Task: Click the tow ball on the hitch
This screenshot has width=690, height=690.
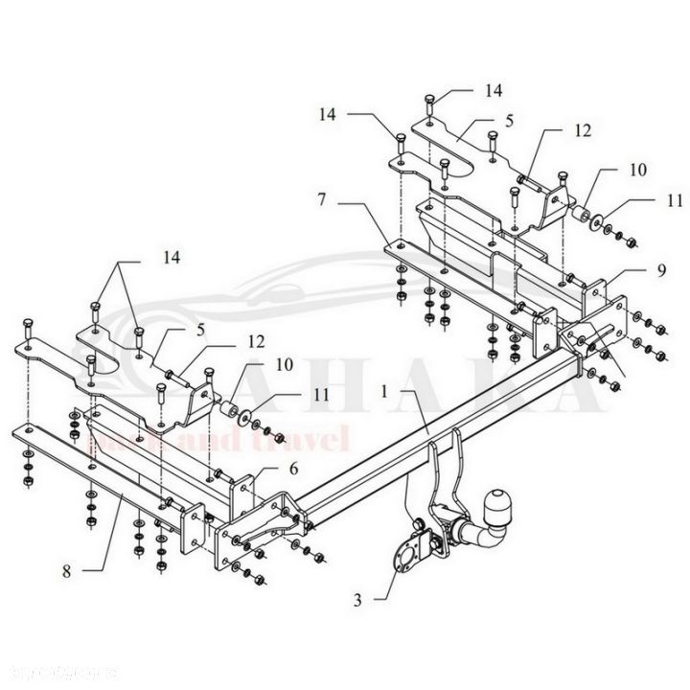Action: pyautogui.click(x=502, y=504)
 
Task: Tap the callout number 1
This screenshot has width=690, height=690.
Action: pyautogui.click(x=384, y=391)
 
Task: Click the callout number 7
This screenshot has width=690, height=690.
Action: pyautogui.click(x=323, y=202)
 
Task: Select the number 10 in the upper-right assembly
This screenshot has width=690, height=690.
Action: pyautogui.click(x=637, y=170)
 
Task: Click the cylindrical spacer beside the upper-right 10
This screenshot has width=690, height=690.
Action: pyautogui.click(x=581, y=212)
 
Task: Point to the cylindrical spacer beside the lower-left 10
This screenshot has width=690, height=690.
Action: pyautogui.click(x=229, y=413)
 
